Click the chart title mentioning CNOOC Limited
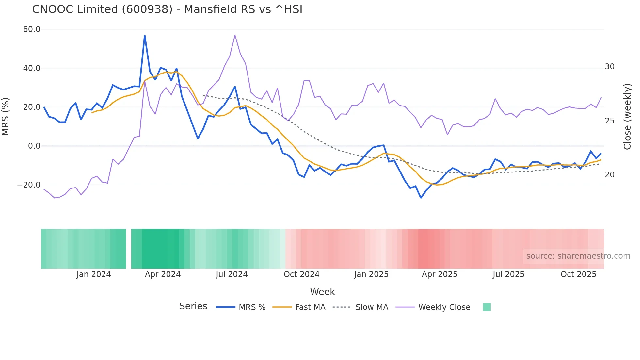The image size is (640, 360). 167,9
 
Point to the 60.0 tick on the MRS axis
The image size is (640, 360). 32,29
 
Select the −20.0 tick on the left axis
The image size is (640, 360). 29,185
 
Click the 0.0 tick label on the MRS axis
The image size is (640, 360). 34,146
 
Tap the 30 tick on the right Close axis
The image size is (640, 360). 609,67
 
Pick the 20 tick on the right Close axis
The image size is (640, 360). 609,175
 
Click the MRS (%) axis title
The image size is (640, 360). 5,116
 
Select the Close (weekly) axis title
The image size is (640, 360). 627,116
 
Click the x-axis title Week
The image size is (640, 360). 322,292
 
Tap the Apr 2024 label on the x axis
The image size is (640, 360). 163,274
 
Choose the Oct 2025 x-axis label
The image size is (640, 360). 578,274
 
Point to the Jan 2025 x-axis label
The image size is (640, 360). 371,274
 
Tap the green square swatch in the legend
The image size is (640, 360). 487,307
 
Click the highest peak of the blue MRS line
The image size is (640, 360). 145,36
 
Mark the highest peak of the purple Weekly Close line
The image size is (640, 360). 235,35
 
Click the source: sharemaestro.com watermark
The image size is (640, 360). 578,256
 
